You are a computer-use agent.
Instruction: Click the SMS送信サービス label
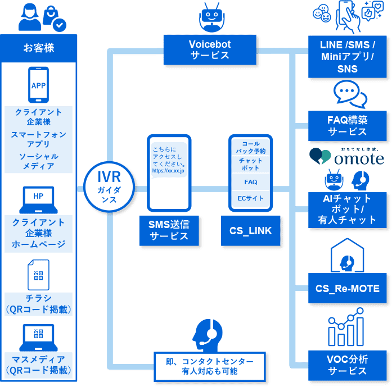(169, 230)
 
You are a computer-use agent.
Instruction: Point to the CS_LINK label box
(250, 230)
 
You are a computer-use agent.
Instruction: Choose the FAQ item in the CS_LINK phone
(251, 182)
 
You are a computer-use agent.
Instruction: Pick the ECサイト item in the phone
(251, 198)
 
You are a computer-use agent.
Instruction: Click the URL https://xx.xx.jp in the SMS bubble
(169, 170)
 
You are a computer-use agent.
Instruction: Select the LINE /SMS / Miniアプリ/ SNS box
(347, 57)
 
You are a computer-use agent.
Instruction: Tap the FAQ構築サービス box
(347, 126)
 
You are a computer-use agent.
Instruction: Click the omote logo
(347, 156)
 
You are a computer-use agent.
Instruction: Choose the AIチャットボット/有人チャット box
(347, 209)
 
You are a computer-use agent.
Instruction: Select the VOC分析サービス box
(347, 365)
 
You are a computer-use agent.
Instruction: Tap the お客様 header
(39, 48)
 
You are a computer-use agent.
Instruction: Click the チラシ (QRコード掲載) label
(39, 304)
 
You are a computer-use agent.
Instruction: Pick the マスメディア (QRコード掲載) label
(39, 365)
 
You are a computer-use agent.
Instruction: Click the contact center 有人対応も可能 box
(209, 366)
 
